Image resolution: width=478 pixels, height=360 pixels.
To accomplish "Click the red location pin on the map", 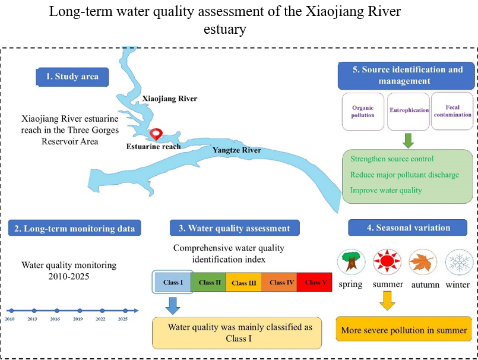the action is [156, 134].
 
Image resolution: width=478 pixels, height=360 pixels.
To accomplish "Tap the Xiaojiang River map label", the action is [170, 99].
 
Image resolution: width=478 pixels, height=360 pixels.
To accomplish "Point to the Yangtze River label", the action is [237, 150].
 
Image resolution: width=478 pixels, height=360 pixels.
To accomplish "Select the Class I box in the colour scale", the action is [173, 282].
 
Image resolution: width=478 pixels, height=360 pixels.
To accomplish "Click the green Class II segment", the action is [209, 282].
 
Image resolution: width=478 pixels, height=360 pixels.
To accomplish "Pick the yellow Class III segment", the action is [243, 282].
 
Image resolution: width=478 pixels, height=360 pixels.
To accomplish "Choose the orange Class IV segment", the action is [279, 282].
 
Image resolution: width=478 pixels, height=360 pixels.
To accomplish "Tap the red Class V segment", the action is [314, 282].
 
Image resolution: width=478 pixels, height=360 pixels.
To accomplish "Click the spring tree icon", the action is [351, 262].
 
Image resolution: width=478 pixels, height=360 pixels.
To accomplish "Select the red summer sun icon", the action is [387, 261].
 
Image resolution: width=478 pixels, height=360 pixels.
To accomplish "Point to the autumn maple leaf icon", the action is [423, 262].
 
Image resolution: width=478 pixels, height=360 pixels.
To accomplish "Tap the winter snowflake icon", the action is [459, 262].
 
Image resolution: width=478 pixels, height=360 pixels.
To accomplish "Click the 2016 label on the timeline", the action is [55, 319].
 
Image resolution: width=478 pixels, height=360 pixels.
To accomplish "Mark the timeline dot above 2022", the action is [102, 311].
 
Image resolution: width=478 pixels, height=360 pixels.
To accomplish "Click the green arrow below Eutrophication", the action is [408, 141].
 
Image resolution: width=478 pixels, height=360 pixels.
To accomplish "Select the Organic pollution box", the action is [363, 111].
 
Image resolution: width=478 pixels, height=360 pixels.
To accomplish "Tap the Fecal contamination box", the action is [452, 111].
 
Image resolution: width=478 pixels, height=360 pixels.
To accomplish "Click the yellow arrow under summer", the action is [388, 301].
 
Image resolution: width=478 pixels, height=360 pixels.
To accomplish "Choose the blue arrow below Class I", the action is [173, 306].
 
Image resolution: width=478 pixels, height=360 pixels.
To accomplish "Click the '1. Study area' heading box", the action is [72, 77].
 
